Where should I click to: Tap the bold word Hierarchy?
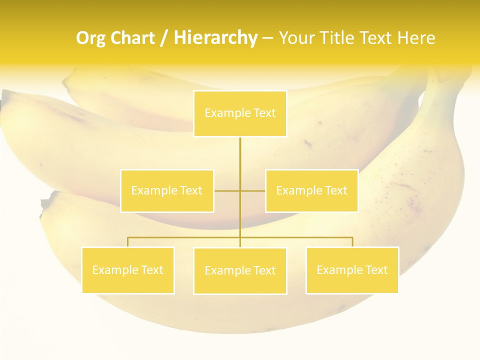pos(215,38)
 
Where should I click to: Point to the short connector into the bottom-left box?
pos(128,242)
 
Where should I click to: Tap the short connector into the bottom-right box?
pos(352,242)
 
